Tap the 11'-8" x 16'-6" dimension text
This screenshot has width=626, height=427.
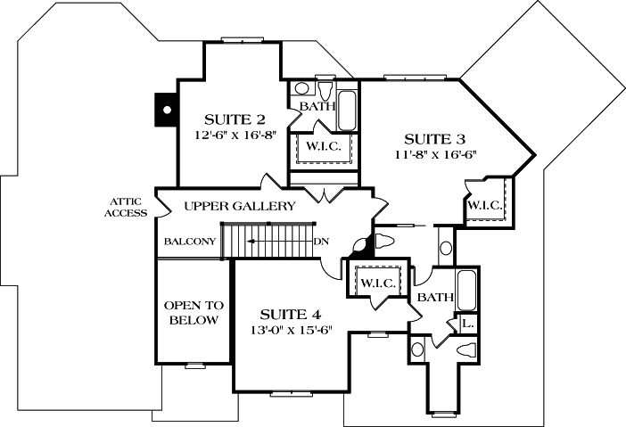434,153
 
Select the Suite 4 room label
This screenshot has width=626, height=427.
291,315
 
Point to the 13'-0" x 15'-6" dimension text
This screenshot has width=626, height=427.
291,330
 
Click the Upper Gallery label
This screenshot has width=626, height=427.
239,206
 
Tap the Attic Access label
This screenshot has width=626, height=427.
125,207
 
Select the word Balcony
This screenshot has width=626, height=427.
190,241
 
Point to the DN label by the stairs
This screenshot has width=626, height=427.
322,241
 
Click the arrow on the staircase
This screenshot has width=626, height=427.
268,241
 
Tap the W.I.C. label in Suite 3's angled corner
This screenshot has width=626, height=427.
486,206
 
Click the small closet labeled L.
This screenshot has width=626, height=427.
467,324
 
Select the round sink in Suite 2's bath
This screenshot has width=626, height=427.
301,89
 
